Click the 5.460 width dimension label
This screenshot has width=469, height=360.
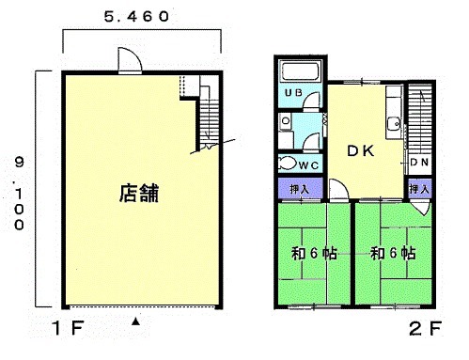point(136,16)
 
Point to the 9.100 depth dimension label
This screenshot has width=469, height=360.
point(19,194)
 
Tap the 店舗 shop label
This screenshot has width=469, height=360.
point(139,193)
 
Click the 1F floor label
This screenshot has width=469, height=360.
point(68,328)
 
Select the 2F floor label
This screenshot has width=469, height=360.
point(426,328)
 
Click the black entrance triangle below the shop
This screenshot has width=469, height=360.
point(135,321)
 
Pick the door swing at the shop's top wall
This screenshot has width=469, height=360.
point(130,60)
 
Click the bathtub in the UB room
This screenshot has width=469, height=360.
point(301,71)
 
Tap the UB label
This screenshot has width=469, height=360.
point(293,92)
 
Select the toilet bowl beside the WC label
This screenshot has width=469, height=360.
point(288,163)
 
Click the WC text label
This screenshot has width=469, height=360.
point(308,165)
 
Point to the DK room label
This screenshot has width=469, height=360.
point(361,151)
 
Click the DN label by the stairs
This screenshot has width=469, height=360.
point(419,162)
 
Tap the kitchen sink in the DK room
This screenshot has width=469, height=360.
point(394,123)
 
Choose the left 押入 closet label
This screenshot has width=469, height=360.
point(300,189)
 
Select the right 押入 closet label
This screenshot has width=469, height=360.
point(419,189)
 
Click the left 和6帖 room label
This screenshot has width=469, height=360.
point(314,253)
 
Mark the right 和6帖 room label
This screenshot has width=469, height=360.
point(393,253)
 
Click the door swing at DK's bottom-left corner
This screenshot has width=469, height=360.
point(339,189)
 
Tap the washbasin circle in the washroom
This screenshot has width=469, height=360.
point(286,120)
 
